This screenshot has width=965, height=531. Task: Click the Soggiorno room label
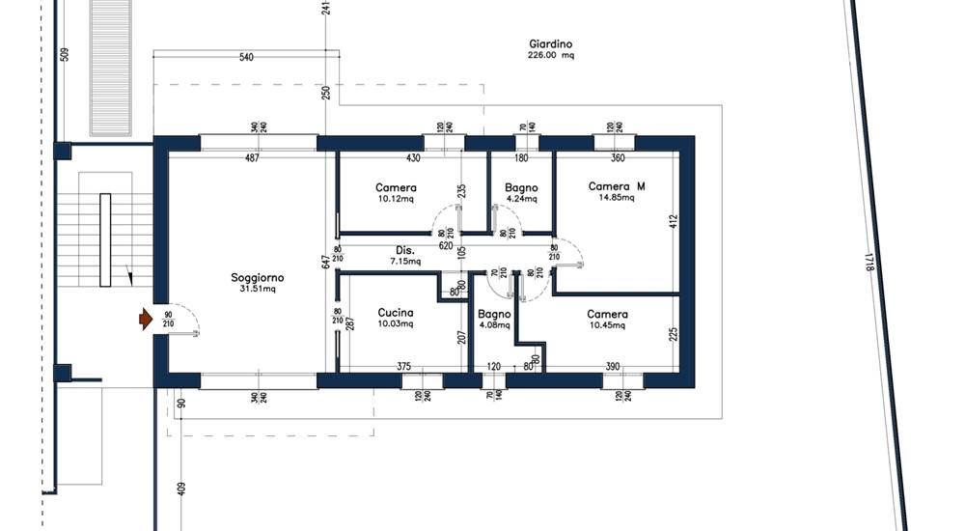(x=258, y=278)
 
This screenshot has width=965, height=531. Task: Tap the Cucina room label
(x=395, y=313)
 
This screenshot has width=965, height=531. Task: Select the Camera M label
(x=617, y=186)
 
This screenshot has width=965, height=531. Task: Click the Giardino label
(x=551, y=43)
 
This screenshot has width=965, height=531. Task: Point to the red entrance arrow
(x=146, y=320)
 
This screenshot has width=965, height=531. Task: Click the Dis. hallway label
(x=405, y=251)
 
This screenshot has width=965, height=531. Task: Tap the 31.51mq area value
(x=258, y=289)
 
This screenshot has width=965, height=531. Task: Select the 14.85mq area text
(x=616, y=198)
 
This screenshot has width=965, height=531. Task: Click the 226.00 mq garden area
(x=551, y=55)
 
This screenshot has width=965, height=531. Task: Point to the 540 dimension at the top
(x=246, y=57)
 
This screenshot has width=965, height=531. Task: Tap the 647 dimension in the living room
(x=325, y=262)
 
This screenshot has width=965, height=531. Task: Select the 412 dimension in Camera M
(x=673, y=222)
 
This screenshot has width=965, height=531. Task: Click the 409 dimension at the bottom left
(x=181, y=489)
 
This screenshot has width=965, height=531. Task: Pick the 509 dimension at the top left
(x=65, y=54)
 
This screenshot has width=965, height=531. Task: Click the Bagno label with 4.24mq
(x=521, y=187)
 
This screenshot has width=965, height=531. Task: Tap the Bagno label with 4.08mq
(x=494, y=314)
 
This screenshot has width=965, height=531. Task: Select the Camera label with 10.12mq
(x=396, y=187)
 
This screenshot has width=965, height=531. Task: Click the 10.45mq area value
(x=607, y=325)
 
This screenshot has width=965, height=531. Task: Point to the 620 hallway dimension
(x=446, y=246)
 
